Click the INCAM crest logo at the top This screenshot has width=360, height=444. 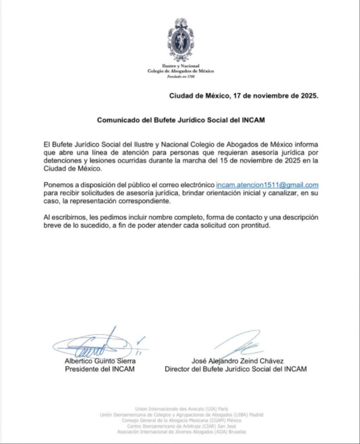click(180, 39)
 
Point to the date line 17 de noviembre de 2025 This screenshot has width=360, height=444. click(244, 95)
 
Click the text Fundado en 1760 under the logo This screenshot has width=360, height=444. click(180, 77)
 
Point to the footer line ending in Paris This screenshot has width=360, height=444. click(180, 408)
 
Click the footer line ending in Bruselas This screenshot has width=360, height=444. click(180, 432)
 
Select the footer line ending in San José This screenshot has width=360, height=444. click(180, 426)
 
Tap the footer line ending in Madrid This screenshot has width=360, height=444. click(180, 415)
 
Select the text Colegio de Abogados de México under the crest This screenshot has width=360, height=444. click(180, 71)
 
